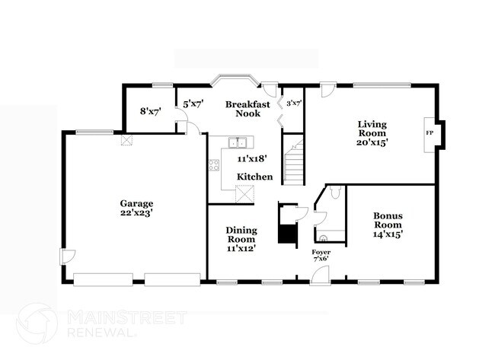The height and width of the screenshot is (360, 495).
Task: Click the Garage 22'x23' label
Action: click(x=136, y=209)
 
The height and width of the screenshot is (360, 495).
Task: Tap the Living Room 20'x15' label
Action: click(x=373, y=134)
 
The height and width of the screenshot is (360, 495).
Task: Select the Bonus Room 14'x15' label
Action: click(x=388, y=225)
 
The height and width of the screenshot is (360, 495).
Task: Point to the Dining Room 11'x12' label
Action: click(x=241, y=239)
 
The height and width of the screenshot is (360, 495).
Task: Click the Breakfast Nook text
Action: click(x=244, y=107)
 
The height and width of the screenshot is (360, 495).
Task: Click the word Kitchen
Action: click(x=254, y=177)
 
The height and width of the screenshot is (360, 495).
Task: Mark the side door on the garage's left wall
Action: click(x=68, y=257)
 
